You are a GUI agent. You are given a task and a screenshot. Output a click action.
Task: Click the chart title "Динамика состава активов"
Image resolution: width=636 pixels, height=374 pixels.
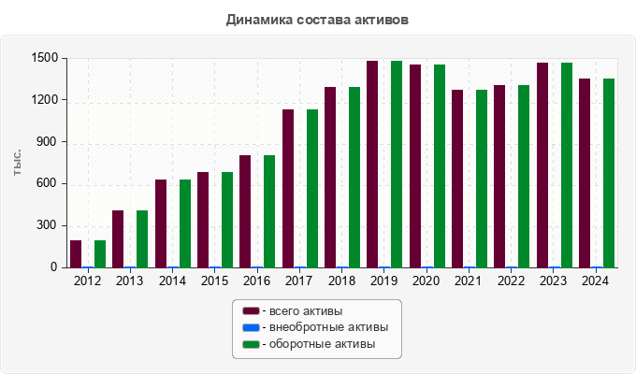tap(317, 19)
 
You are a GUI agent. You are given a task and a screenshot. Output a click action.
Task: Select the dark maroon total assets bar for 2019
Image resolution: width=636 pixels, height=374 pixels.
tap(372, 164)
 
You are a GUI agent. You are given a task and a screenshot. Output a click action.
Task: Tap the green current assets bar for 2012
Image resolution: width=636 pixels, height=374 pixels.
tap(100, 253)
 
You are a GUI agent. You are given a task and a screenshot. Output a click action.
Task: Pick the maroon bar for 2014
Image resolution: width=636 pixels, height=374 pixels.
tap(161, 223)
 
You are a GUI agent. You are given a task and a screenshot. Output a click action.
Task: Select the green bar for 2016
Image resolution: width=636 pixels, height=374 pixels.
tap(269, 211)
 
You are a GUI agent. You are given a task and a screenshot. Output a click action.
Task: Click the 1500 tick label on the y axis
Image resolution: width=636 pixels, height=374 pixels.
tap(44, 58)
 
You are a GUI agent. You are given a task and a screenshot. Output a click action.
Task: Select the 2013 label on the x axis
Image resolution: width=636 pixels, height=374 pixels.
tap(130, 280)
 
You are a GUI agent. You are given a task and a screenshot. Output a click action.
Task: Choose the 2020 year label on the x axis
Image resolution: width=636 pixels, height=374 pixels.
tap(426, 280)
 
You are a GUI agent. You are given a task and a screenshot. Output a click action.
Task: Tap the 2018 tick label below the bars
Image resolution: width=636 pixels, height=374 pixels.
tap(341, 280)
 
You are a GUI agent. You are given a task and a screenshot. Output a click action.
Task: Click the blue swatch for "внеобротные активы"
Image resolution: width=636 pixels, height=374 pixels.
tap(250, 327)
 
